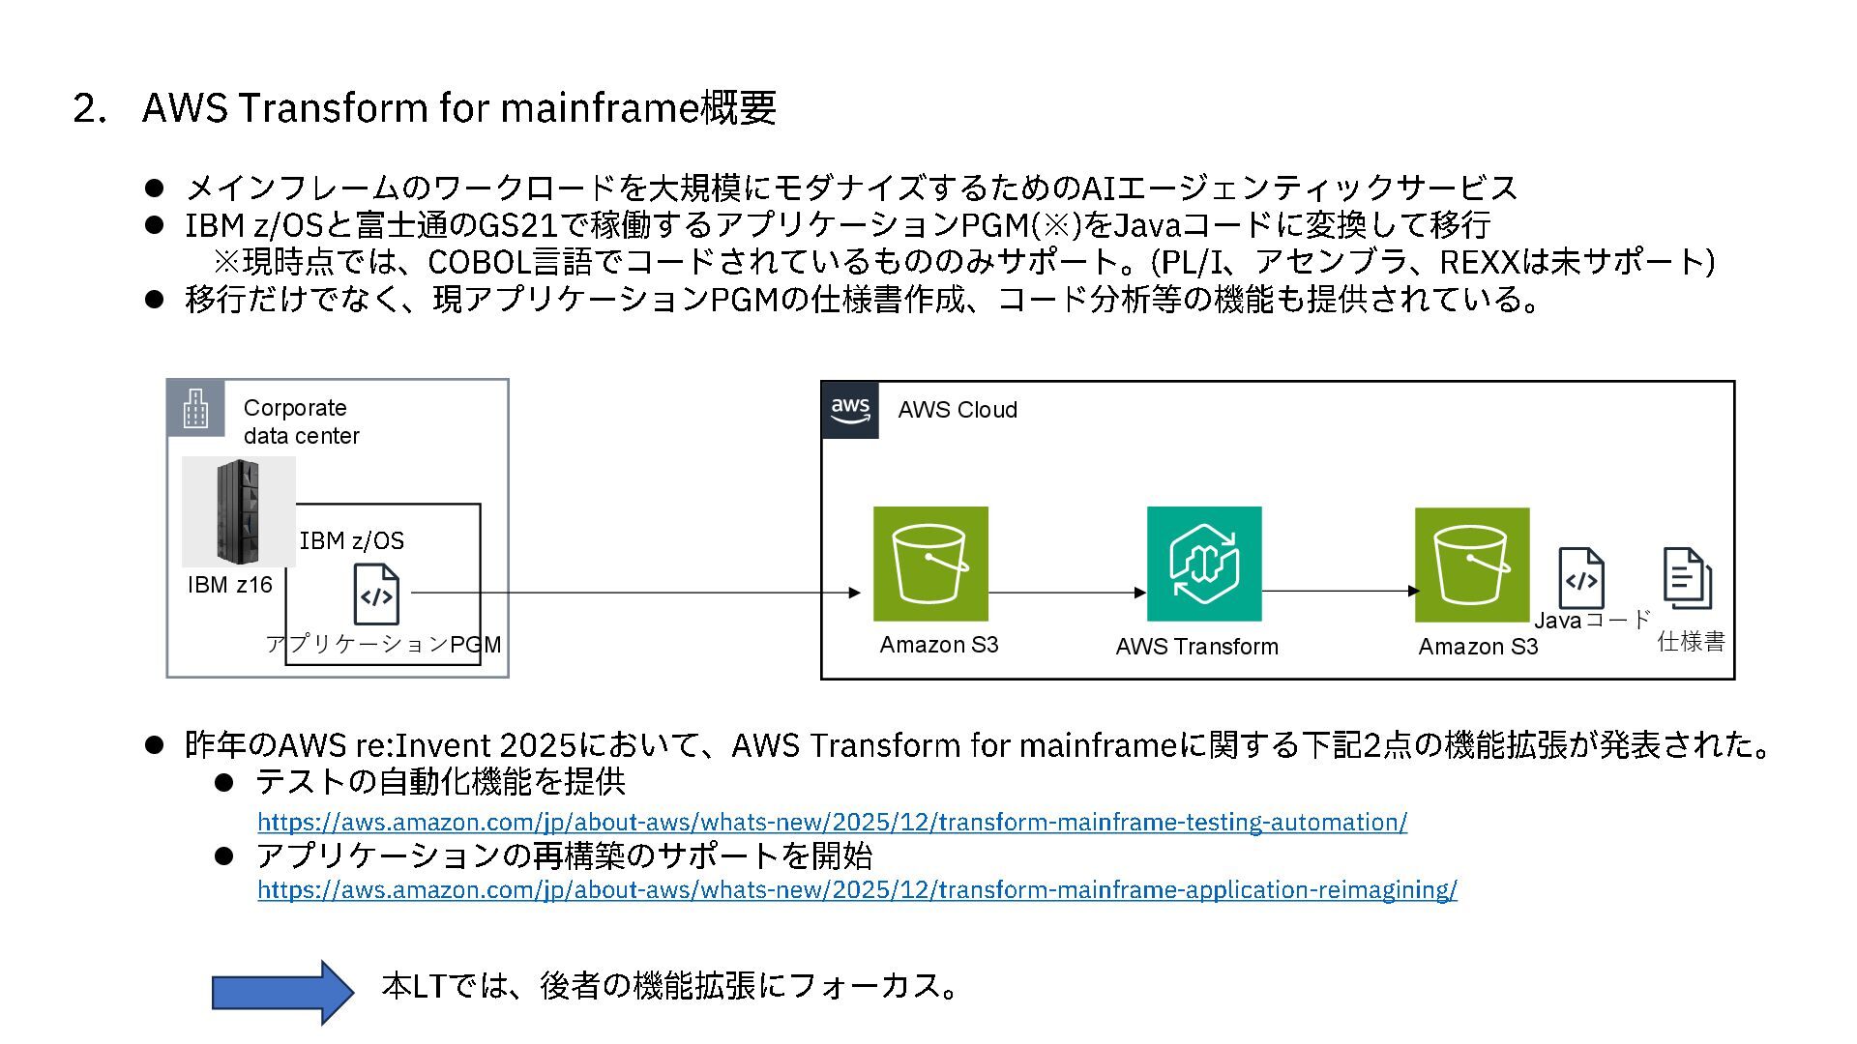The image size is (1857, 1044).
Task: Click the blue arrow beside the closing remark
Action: (x=282, y=992)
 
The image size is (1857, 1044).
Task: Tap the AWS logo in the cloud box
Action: (x=850, y=410)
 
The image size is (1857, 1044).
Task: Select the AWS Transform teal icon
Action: (x=1204, y=564)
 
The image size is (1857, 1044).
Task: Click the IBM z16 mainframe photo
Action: (x=239, y=511)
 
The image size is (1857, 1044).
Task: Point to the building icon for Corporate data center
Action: (x=195, y=409)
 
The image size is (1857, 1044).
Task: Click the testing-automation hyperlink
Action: (x=832, y=823)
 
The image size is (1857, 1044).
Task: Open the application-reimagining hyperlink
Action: (x=857, y=890)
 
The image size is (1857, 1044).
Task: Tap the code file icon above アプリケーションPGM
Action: (x=376, y=594)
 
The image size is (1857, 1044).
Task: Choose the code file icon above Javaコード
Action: (x=1580, y=579)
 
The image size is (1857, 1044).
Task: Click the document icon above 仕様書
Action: (x=1687, y=578)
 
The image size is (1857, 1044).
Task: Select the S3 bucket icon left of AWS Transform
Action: (x=930, y=564)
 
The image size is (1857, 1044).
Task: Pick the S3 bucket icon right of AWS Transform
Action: (x=1472, y=565)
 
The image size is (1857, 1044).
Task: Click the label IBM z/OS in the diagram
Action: (x=352, y=541)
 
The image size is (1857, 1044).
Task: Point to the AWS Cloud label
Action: (x=958, y=410)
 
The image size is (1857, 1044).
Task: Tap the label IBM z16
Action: (x=230, y=585)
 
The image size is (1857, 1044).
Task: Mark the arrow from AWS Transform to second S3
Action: (x=1339, y=591)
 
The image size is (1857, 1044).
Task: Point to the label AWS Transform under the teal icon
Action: (x=1196, y=647)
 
